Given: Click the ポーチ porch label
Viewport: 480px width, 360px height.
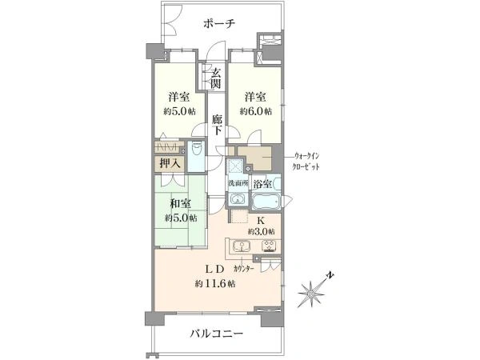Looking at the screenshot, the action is (219, 23).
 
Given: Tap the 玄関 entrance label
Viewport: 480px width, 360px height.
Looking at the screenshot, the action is (217, 78).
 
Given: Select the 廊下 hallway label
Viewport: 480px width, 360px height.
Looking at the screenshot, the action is (217, 125).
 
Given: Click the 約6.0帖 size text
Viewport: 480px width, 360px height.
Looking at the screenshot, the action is (256, 111).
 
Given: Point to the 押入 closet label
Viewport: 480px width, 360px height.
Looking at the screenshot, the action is (170, 163).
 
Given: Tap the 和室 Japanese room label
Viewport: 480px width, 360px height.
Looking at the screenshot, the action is (180, 203).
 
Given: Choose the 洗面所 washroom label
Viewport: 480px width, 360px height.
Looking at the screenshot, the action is (237, 183).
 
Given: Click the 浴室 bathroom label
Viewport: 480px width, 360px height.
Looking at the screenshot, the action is (262, 184).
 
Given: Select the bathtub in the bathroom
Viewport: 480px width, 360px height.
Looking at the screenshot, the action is (266, 201).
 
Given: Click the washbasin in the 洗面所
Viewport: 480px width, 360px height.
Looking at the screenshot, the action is (238, 199).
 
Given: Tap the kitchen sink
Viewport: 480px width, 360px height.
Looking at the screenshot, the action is (242, 246).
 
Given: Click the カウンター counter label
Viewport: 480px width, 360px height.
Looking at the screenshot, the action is (244, 269).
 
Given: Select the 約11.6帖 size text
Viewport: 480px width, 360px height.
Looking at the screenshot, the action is (215, 284).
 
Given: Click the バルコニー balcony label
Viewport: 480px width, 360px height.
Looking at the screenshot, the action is (217, 333).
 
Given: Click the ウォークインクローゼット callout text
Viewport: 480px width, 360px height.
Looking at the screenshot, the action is (306, 162).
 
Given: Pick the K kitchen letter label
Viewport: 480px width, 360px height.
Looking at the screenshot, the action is (260, 220).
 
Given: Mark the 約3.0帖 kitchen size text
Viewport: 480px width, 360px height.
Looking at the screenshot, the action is (261, 231).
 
